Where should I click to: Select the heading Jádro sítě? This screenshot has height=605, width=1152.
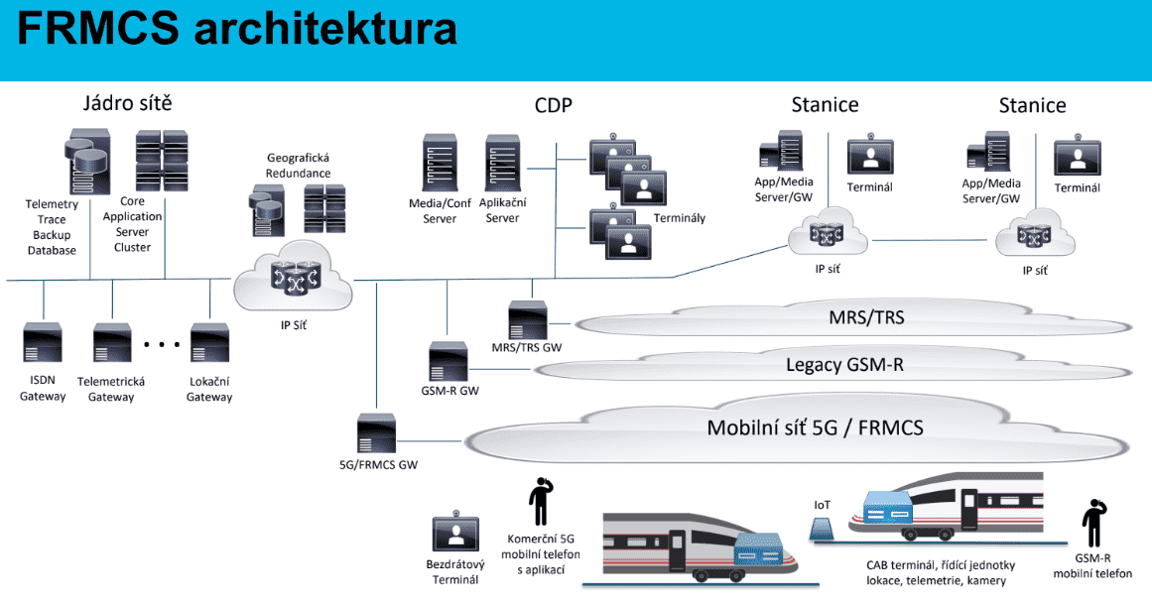[127, 103]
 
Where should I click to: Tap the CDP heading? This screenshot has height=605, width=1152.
[553, 105]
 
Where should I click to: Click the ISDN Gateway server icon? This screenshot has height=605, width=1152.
[43, 342]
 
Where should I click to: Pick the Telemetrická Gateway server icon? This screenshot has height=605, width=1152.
[111, 342]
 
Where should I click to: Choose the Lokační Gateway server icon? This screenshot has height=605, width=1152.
[209, 342]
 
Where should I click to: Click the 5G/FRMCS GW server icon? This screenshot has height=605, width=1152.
[376, 433]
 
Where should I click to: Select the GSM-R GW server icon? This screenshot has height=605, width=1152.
[448, 361]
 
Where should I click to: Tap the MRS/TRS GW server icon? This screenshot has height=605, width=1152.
[527, 319]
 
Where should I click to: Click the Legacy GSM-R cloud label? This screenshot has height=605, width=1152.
[844, 365]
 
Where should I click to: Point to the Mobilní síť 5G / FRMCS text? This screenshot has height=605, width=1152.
[815, 427]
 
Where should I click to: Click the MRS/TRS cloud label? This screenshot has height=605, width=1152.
[866, 318]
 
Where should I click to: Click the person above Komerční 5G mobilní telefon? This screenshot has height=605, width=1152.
[541, 501]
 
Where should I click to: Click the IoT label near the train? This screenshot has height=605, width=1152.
[822, 505]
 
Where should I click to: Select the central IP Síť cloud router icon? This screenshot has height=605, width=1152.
[294, 282]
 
